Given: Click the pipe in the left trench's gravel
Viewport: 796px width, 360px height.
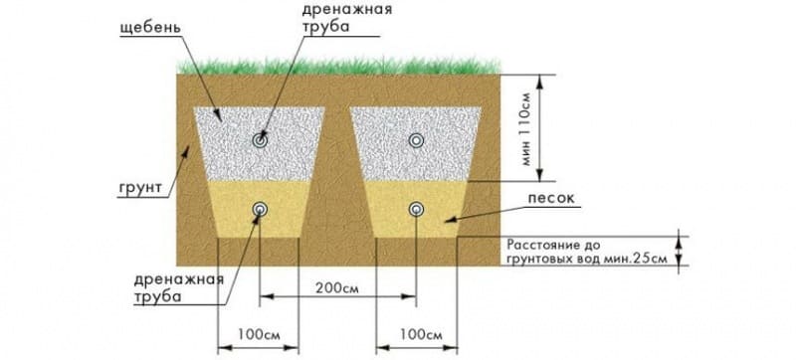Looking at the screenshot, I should [261, 141].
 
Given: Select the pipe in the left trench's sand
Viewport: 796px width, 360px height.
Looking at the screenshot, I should [261, 209].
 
